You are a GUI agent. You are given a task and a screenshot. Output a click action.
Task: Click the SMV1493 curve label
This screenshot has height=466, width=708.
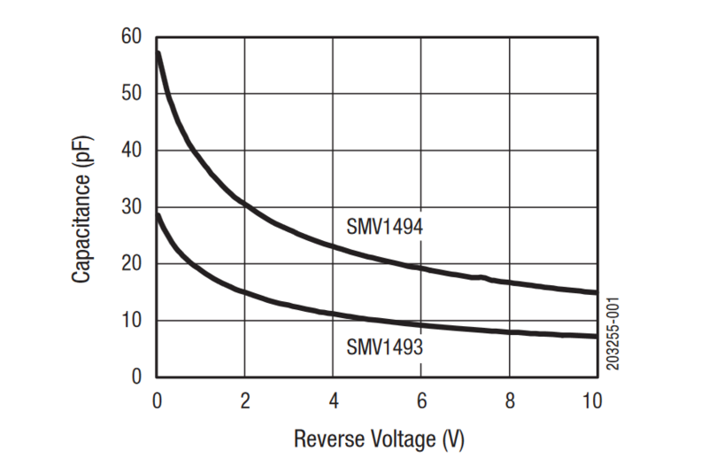click(x=384, y=346)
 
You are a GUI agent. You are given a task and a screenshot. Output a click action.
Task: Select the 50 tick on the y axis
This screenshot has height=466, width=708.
click(x=132, y=94)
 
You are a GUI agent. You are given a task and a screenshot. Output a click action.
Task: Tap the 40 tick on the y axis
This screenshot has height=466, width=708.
click(x=132, y=151)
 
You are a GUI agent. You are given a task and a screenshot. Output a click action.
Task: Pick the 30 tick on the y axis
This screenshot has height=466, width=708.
click(x=132, y=207)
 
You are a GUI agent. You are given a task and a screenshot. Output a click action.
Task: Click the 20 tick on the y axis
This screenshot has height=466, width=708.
click(x=132, y=264)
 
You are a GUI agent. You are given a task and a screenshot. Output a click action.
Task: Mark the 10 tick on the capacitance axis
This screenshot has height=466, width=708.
click(x=132, y=321)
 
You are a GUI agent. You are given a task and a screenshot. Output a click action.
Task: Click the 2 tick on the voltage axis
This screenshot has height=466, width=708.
click(x=244, y=400)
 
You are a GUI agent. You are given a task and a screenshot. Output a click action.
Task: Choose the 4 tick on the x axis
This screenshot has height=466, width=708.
click(x=332, y=400)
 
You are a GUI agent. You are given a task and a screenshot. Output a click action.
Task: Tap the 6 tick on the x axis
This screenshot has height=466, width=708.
click(x=420, y=400)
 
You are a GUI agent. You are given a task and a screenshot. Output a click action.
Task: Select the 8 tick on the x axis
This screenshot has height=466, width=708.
click(x=508, y=400)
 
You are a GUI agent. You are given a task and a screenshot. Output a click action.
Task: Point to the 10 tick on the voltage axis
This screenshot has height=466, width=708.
click(x=592, y=400)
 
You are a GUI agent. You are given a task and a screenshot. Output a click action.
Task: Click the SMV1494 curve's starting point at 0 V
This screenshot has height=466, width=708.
click(x=158, y=53)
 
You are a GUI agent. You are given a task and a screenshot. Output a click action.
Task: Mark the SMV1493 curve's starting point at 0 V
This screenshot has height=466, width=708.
click(x=158, y=214)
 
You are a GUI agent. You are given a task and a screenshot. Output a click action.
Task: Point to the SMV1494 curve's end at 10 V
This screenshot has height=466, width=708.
click(x=596, y=291)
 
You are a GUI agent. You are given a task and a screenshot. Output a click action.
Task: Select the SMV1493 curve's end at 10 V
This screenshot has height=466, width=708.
click(x=596, y=336)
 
